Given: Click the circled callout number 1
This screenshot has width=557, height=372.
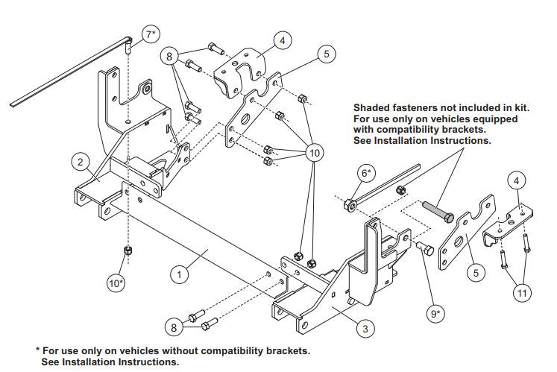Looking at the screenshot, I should coord(178,274).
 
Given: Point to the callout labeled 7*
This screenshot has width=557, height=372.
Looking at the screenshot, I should coord(151,34).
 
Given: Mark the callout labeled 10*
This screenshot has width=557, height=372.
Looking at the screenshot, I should coord(117,284).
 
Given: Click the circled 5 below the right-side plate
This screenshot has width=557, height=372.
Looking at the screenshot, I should coord(473,273).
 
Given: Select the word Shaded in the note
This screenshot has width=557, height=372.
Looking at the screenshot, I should coord(372,108).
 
